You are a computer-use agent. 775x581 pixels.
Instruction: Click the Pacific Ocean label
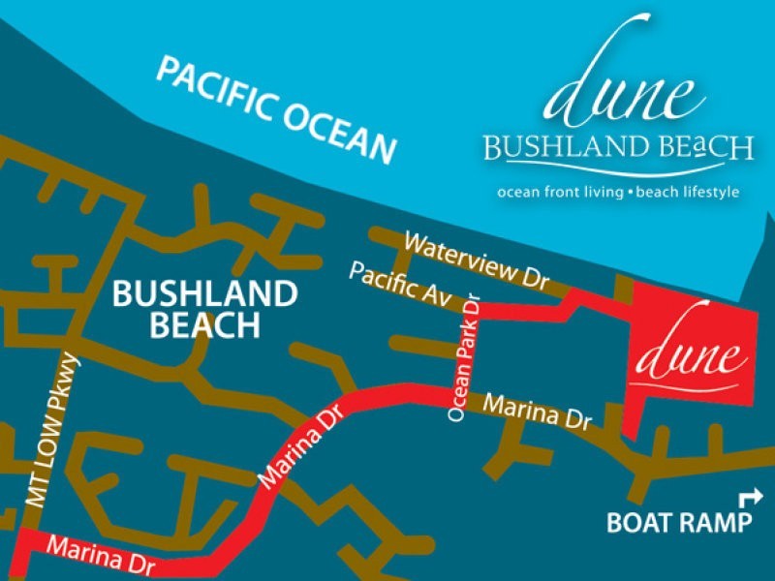[276, 109]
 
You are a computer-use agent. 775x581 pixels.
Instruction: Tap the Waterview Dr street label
[476, 260]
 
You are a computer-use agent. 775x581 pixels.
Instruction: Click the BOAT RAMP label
[678, 524]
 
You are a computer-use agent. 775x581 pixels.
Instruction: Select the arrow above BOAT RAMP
[750, 498]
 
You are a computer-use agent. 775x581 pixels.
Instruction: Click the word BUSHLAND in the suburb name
[203, 293]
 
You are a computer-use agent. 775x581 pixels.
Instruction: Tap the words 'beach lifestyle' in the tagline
[687, 192]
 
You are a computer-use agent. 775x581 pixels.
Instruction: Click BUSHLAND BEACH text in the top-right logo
[618, 148]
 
